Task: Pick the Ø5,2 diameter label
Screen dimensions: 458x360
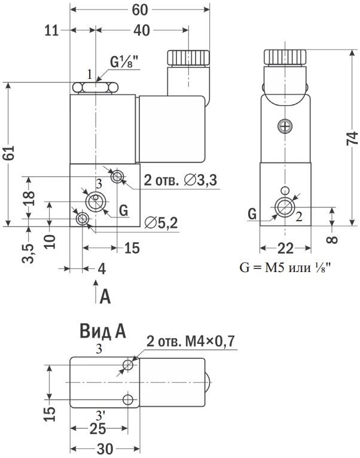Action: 161,222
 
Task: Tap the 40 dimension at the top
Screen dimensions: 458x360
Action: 142,30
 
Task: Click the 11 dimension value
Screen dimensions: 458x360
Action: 51,30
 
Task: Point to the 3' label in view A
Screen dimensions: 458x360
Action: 102,413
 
